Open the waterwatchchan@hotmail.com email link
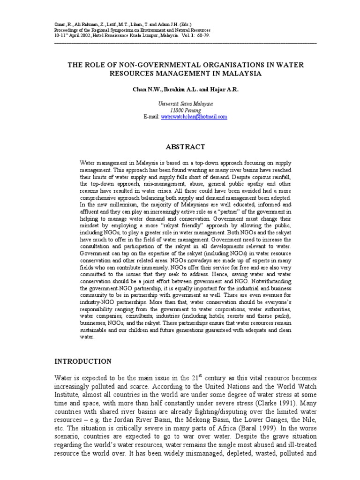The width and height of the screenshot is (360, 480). coord(187,117)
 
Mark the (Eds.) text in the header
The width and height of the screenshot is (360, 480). coord(184,24)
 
